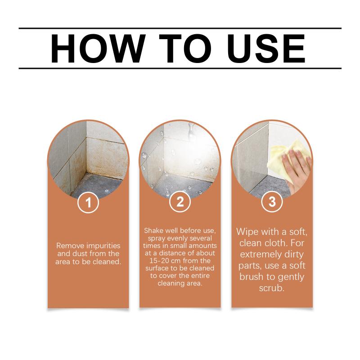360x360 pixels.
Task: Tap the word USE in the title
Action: pos(266,49)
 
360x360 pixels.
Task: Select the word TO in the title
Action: pos(185,49)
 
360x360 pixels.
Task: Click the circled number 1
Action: pos(88,202)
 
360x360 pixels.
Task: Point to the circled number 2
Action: pos(180,202)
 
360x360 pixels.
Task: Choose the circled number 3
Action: pos(272,202)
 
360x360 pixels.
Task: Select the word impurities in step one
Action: pos(103,246)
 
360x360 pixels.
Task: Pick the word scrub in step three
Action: pos(272,288)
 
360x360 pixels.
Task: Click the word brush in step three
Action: pos(251,277)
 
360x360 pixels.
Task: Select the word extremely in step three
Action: pos(261,255)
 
